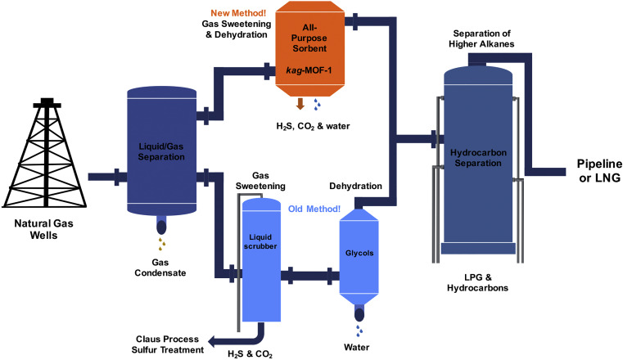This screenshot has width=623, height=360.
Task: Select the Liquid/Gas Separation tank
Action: point(162,147)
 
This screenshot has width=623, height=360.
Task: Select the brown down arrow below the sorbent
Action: point(300,104)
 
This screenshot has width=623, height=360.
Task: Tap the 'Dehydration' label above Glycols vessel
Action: point(355,187)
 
